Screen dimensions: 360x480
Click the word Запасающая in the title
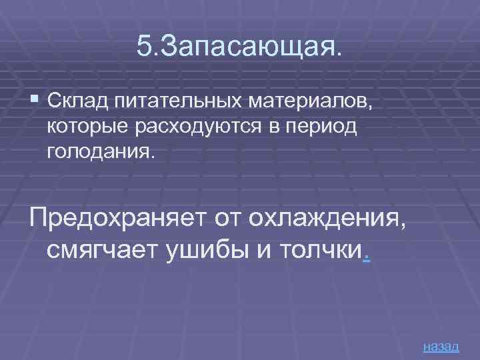(x=249, y=46)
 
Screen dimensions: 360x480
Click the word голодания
(x=100, y=151)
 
